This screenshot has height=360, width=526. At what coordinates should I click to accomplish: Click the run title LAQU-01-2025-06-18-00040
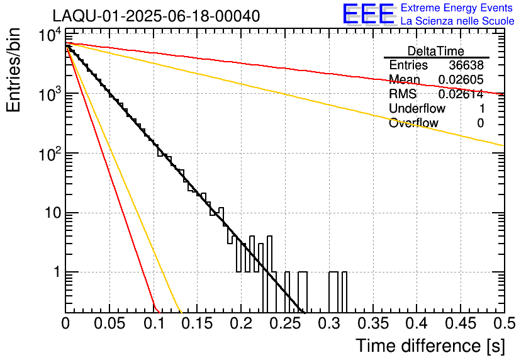(x=156, y=16)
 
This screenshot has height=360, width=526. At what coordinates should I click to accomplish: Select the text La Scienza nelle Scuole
(x=457, y=21)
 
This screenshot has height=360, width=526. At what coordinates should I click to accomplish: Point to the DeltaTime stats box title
(x=436, y=51)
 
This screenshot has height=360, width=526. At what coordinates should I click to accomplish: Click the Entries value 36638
(x=466, y=65)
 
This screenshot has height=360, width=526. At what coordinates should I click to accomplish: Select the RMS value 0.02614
(x=461, y=94)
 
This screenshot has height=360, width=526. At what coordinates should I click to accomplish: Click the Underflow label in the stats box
(x=417, y=109)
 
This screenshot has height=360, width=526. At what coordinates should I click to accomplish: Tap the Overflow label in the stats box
(x=413, y=123)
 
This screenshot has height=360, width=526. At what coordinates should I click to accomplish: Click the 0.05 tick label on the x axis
(x=109, y=324)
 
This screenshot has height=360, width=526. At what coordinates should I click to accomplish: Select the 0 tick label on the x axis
(x=65, y=324)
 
